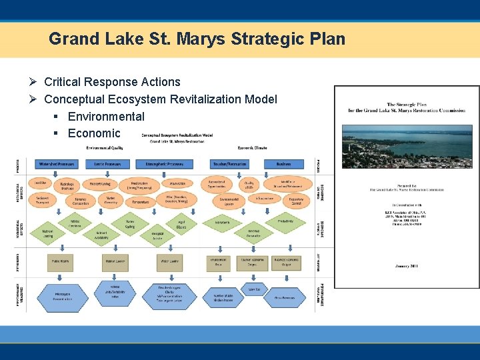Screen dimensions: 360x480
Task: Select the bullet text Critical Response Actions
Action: (x=112, y=82)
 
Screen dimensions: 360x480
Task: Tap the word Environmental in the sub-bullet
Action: (x=106, y=117)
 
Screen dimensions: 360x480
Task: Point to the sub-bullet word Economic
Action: (x=94, y=133)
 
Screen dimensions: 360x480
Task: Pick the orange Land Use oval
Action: (x=40, y=183)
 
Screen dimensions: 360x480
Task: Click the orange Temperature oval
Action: (x=141, y=201)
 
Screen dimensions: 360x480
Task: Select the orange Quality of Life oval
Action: (x=249, y=185)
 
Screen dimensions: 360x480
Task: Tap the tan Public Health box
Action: (x=62, y=262)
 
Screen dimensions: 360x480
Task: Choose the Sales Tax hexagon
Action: (x=253, y=289)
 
